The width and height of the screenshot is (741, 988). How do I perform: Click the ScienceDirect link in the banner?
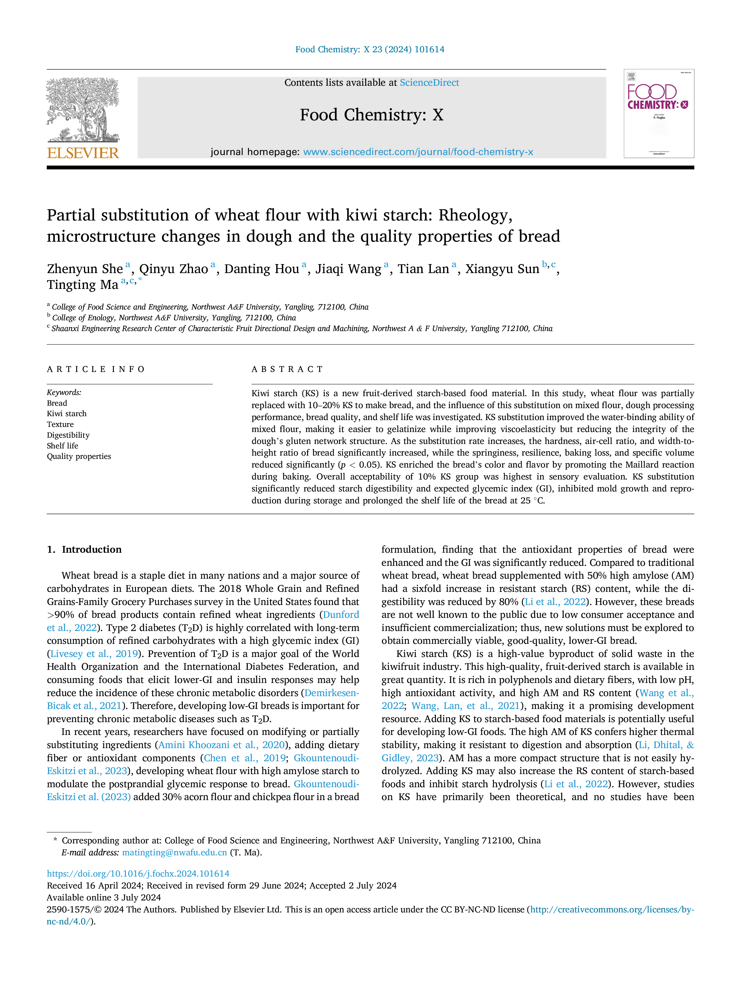[x=429, y=83]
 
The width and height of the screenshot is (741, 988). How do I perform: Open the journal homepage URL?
[x=418, y=152]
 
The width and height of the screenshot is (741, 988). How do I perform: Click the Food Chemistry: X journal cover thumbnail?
[x=659, y=114]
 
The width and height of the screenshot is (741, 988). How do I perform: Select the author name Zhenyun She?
[x=85, y=269]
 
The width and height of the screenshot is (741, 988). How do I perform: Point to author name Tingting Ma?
[x=83, y=285]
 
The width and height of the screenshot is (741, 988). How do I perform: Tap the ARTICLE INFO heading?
[x=96, y=369]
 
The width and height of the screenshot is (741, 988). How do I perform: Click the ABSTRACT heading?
[x=287, y=369]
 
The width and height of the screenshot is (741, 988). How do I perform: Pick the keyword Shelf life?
[x=62, y=446]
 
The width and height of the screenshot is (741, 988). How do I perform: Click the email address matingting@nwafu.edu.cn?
[x=174, y=852]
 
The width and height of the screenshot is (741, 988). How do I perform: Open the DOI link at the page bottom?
[x=138, y=873]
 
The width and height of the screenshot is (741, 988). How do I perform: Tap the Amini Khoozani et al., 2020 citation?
[x=221, y=745]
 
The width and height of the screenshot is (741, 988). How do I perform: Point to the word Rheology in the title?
[x=475, y=215]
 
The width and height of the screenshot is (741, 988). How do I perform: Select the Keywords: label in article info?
[x=64, y=393]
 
